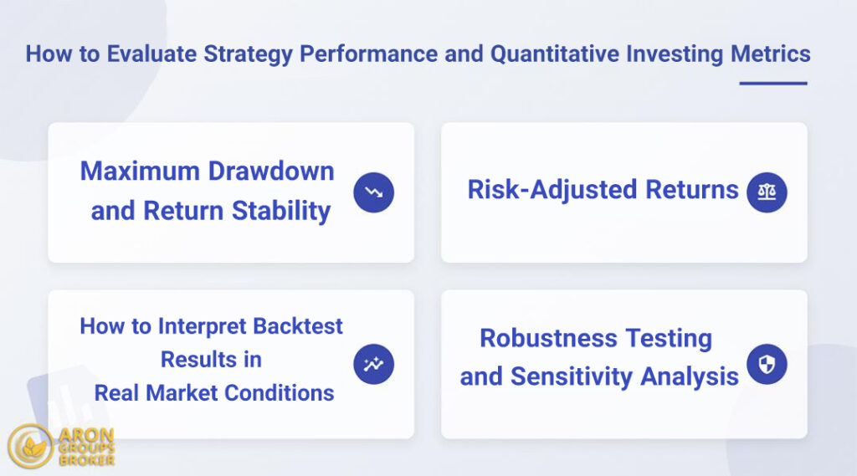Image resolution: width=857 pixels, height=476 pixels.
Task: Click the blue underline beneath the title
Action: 772,84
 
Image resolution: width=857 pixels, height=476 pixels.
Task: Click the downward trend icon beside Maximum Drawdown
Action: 373,192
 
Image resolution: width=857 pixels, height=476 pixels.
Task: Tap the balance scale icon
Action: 767,192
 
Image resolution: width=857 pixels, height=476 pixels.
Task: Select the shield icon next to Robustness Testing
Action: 767,365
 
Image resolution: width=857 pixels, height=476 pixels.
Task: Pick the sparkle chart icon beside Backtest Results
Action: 373,365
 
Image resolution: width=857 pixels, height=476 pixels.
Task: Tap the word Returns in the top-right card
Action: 693,190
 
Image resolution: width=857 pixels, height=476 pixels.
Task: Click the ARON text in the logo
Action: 87,435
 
